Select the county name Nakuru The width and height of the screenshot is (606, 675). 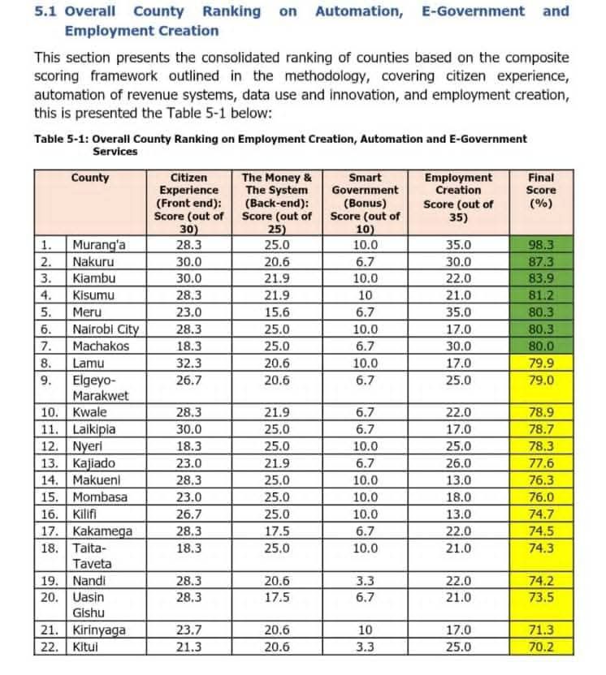(x=92, y=262)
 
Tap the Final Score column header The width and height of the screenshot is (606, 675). (x=540, y=190)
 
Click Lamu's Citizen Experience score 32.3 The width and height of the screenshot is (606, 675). (x=188, y=363)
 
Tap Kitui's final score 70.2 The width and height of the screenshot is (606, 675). (x=540, y=647)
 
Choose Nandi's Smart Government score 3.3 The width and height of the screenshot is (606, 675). (x=365, y=581)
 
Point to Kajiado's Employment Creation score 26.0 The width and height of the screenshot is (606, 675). (x=458, y=463)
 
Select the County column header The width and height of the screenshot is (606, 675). (x=89, y=178)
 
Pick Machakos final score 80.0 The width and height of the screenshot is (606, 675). (x=540, y=346)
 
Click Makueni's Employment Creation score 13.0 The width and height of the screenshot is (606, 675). (x=458, y=480)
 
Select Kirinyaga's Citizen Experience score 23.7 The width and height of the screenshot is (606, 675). (x=188, y=630)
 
